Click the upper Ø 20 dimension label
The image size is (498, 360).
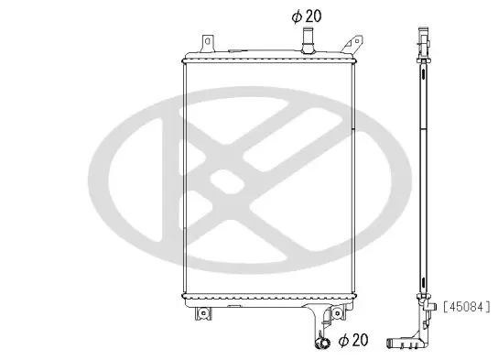click(307, 16)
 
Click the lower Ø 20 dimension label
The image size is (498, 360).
click(353, 340)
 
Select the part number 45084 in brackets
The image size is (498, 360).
click(467, 307)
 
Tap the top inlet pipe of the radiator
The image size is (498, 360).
click(308, 40)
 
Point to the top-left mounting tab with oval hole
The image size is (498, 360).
click(209, 43)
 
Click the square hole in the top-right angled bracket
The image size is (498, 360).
click(357, 41)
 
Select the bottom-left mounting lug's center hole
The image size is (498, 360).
click(202, 313)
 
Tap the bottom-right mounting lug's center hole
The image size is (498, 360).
click(337, 313)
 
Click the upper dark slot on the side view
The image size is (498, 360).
click(423, 73)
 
